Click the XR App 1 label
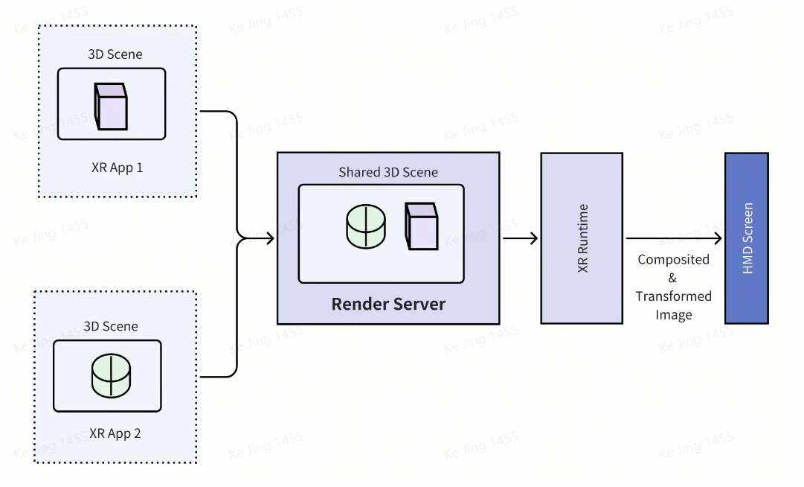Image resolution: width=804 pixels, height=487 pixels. (x=116, y=168)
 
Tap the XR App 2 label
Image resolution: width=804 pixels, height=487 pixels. (x=115, y=433)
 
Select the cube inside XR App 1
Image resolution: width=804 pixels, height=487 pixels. (x=111, y=106)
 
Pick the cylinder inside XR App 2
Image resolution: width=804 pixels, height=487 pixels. (x=110, y=375)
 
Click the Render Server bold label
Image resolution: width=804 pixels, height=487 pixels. (x=388, y=304)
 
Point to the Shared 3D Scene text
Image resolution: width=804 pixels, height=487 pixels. (x=388, y=172)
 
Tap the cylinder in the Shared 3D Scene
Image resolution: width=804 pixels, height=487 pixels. (x=366, y=226)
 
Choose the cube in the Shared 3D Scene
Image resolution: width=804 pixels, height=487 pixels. (x=421, y=226)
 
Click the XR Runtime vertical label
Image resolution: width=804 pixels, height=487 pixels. (x=582, y=238)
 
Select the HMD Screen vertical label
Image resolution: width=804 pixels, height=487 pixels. (x=747, y=238)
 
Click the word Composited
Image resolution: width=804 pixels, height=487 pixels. (x=674, y=260)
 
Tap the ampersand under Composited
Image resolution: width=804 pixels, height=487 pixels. (x=673, y=278)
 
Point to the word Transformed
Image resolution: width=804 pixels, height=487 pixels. (x=673, y=296)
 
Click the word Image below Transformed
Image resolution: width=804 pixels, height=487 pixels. (x=674, y=314)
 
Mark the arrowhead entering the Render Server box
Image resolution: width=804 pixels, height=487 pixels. (x=270, y=238)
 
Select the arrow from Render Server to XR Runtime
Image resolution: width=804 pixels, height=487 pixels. (x=521, y=238)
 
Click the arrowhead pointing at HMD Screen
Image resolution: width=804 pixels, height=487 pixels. (x=718, y=238)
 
